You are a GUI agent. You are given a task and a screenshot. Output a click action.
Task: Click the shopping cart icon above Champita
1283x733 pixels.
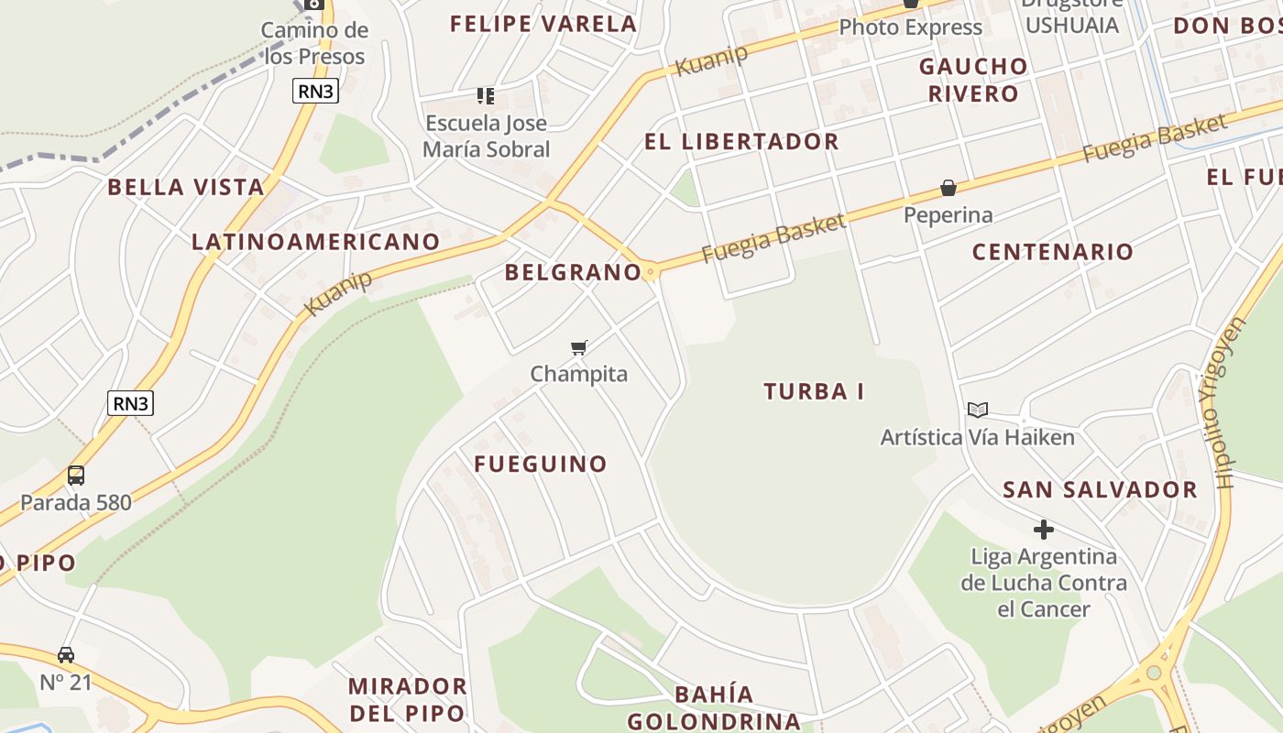pos(578,347)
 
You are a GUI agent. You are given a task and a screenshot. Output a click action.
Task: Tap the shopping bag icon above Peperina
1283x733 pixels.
pos(949,189)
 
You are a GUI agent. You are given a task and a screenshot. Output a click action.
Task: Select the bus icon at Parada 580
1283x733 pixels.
pos(76,476)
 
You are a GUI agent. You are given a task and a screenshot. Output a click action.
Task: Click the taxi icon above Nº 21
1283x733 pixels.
pos(66,655)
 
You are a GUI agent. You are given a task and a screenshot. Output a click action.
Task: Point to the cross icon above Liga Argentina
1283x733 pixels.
pos(1043,530)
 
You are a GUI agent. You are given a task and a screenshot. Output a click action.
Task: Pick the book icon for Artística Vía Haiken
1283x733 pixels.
pos(978,410)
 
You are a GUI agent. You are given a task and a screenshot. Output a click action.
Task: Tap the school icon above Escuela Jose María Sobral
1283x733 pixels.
pos(486,95)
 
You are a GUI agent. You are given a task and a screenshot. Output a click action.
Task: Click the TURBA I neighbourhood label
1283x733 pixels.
pos(814,391)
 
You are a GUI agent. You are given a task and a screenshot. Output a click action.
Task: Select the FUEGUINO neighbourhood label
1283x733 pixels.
pos(541,465)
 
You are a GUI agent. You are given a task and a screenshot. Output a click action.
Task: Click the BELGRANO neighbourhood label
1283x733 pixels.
pos(573,272)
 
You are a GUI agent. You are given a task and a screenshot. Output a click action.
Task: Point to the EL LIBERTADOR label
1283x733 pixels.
pos(741,142)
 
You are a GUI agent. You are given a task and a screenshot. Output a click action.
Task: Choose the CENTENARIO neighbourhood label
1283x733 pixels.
pos(1053,252)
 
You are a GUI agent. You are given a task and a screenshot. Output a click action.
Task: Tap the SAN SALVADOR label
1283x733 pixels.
pos(1100,490)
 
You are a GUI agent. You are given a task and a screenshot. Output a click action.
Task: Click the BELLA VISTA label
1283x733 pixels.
pos(186,188)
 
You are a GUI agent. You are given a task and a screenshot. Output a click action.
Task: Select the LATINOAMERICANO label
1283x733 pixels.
pos(316,242)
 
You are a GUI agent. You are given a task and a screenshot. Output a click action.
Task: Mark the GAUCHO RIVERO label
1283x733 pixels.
pos(973,80)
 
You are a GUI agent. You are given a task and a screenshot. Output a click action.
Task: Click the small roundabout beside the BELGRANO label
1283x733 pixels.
pos(651,271)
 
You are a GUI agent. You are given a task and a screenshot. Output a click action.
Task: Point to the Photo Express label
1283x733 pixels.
pos(910,27)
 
